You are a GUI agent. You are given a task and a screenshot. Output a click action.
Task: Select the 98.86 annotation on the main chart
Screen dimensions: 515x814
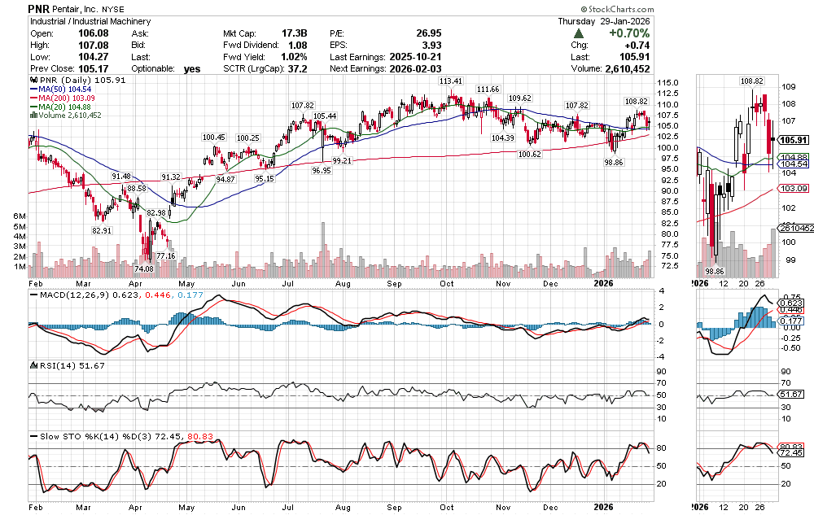pos(614,163)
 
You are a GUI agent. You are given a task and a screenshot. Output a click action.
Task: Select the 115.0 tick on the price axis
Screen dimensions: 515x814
pos(669,83)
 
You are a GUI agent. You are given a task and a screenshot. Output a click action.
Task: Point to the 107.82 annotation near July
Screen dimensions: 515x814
pos(302,106)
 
